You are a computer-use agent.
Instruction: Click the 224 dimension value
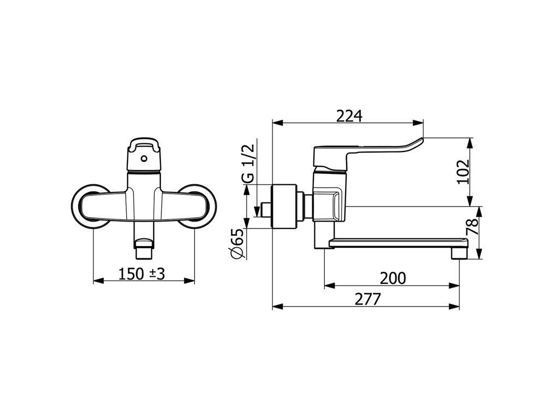point(349,116)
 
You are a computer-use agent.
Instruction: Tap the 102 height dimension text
point(463,172)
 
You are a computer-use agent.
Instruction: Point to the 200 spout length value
point(393,278)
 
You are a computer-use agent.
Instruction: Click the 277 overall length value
point(368,299)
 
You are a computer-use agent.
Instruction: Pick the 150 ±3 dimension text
point(142,275)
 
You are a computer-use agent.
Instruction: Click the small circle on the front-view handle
point(144,158)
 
